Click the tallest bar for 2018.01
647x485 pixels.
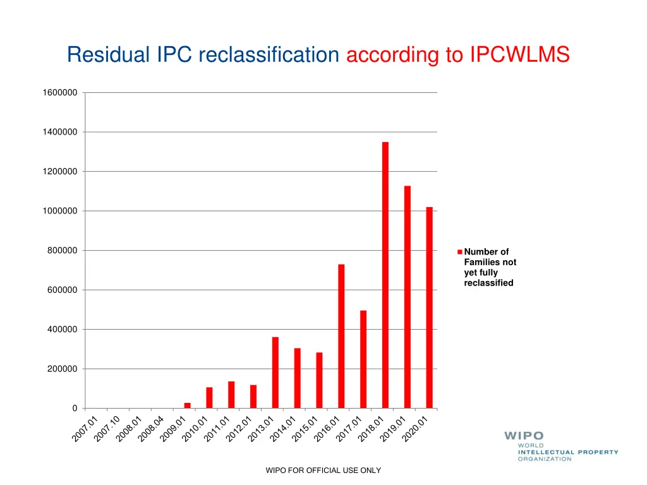[385, 275]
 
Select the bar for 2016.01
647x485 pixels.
[341, 336]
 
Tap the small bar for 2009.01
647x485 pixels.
[187, 405]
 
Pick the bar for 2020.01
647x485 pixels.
[429, 308]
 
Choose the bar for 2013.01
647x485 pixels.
[275, 373]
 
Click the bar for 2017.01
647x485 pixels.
[363, 359]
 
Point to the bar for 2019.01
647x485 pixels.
[408, 297]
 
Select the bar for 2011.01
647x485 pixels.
[231, 395]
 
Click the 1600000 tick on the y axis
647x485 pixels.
[60, 93]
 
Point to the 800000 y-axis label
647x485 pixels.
[63, 251]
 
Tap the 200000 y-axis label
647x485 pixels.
[63, 369]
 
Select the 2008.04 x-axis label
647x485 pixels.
[152, 429]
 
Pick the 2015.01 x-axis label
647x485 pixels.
[305, 429]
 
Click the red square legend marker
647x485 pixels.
[460, 252]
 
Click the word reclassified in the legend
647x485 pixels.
[488, 283]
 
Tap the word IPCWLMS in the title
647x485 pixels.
[519, 56]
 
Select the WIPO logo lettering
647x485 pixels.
[524, 436]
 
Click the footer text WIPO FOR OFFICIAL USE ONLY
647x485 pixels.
[323, 470]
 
